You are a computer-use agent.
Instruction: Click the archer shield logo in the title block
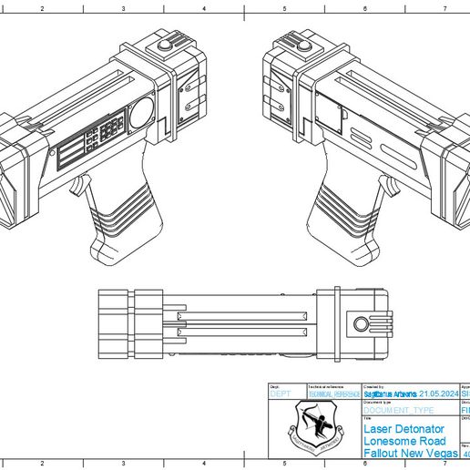(312, 426)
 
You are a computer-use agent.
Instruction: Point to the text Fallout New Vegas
(411, 452)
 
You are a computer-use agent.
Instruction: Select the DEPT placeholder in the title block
(279, 393)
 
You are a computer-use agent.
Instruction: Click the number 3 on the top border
(123, 6)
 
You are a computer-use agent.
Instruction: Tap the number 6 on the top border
(364, 6)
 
